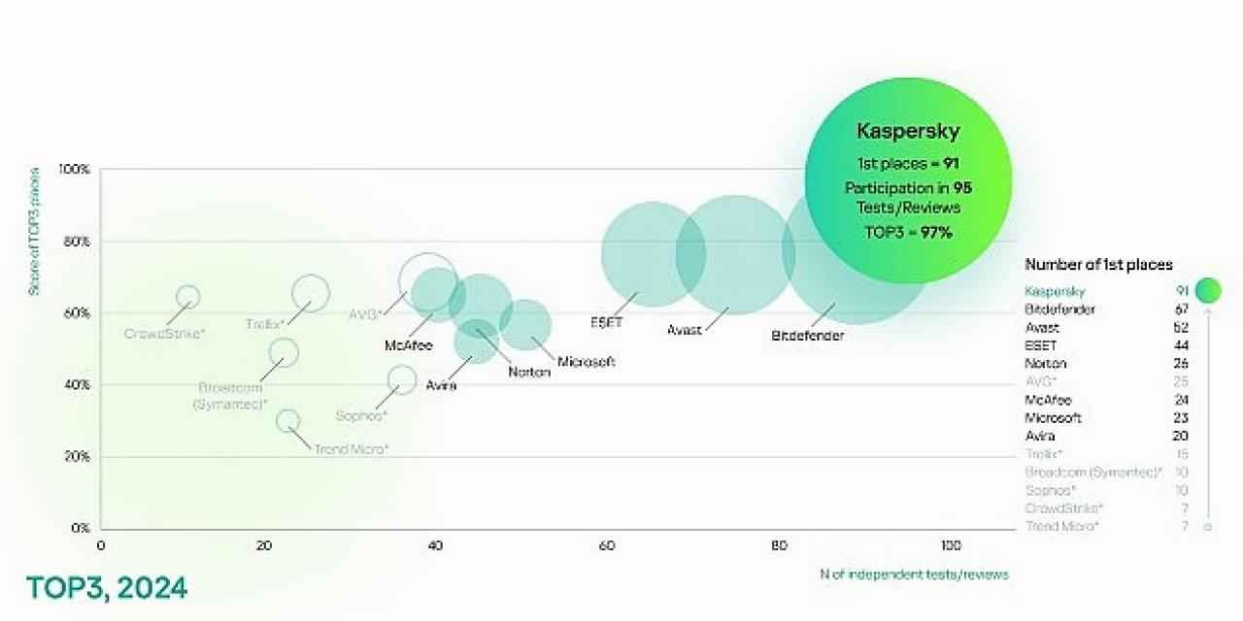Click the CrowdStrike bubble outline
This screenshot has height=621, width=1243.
click(x=188, y=297)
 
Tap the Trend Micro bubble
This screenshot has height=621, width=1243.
click(x=287, y=421)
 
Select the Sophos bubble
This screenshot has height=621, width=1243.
click(x=401, y=379)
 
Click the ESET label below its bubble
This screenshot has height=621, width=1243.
click(x=606, y=321)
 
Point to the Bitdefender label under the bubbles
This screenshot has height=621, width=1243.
click(x=807, y=336)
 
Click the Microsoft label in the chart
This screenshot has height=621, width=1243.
click(x=586, y=362)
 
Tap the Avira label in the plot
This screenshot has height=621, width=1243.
click(x=441, y=385)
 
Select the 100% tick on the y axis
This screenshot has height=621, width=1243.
click(x=74, y=169)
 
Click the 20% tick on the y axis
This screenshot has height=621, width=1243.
click(x=77, y=457)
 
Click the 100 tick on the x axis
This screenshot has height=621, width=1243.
click(x=951, y=546)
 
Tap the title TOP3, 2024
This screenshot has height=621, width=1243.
click(x=106, y=588)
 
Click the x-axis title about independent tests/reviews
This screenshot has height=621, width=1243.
click(x=914, y=574)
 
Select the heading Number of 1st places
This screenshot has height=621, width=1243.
click(x=1098, y=264)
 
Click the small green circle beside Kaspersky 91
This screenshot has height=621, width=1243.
click(x=1208, y=290)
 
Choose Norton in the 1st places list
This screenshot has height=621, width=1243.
click(x=1046, y=364)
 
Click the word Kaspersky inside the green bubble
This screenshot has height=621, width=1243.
click(x=908, y=129)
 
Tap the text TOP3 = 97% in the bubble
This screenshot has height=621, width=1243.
click(x=908, y=232)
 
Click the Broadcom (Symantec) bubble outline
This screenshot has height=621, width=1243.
click(x=284, y=352)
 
